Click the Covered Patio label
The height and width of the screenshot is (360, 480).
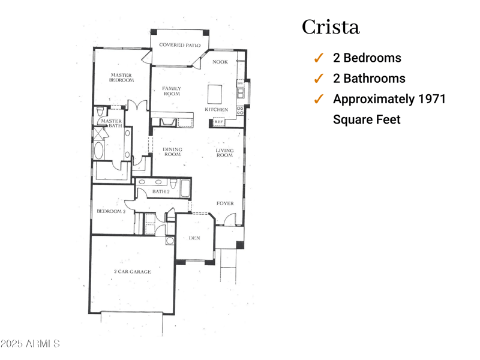[x=179, y=45]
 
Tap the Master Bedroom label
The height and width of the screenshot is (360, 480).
[x=121, y=77]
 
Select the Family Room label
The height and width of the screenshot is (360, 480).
[x=172, y=91]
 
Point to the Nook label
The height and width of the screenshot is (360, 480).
[x=220, y=62]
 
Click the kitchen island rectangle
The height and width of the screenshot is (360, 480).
[x=215, y=94]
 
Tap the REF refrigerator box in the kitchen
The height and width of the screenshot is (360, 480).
[x=218, y=122]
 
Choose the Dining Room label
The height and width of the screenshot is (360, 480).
[x=172, y=152]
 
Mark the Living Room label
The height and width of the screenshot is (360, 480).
[x=224, y=152]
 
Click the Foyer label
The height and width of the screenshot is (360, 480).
[x=224, y=203]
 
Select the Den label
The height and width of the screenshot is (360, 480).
[x=194, y=238]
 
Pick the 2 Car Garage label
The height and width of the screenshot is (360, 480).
[x=132, y=272]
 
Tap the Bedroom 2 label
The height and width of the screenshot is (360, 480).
[x=111, y=211]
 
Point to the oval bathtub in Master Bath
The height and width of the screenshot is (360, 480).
[x=99, y=150]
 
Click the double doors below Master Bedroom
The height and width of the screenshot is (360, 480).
[x=137, y=106]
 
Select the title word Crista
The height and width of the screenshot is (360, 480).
[x=331, y=27]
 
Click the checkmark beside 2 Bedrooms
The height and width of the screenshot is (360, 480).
[x=319, y=58]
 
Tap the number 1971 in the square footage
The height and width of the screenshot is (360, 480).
[x=432, y=99]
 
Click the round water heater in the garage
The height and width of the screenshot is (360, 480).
[x=170, y=241]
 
